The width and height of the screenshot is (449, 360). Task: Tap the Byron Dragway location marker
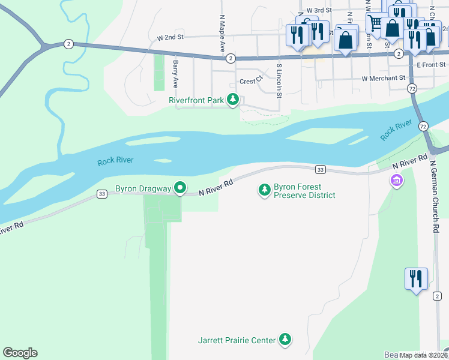tap(179, 188)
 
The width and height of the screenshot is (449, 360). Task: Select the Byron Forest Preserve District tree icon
tap(264, 190)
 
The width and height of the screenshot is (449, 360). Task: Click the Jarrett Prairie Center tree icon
tap(286, 340)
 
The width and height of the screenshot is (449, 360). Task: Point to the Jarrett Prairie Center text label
tap(237, 340)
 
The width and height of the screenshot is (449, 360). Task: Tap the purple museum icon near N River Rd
tap(396, 180)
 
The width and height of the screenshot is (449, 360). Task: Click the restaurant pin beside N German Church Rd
tap(416, 279)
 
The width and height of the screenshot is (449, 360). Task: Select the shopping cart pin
tap(375, 23)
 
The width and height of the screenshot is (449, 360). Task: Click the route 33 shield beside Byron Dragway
tap(101, 193)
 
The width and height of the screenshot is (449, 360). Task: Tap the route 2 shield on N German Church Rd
tap(436, 296)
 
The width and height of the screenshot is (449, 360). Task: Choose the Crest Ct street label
tap(251, 81)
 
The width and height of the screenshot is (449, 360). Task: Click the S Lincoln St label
tap(279, 79)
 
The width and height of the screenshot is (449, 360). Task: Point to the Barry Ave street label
tap(176, 71)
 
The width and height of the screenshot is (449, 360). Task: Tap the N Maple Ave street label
tap(221, 32)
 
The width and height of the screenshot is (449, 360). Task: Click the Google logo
tap(20, 353)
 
